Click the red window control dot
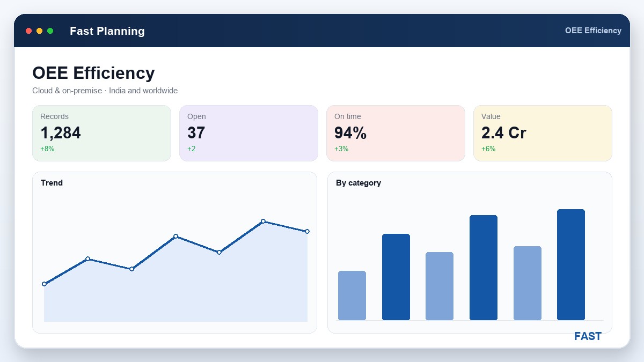[x=28, y=31]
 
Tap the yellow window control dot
[x=39, y=31]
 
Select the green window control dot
[x=50, y=31]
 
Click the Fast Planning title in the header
[x=107, y=31]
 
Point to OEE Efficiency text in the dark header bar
[x=593, y=31]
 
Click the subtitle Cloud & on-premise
[x=67, y=91]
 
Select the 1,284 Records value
[x=60, y=133]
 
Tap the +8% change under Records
[x=47, y=149]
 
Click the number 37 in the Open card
[x=196, y=133]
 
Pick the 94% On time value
[x=350, y=133]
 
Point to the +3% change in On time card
[x=341, y=149]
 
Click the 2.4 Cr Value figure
[x=504, y=133]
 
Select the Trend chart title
[x=52, y=183]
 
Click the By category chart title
[x=358, y=183]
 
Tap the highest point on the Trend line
[x=263, y=221]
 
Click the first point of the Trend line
[x=44, y=284]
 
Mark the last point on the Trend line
[x=307, y=231]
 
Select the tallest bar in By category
[x=571, y=264]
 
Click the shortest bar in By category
[x=352, y=295]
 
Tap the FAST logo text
[x=588, y=336]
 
